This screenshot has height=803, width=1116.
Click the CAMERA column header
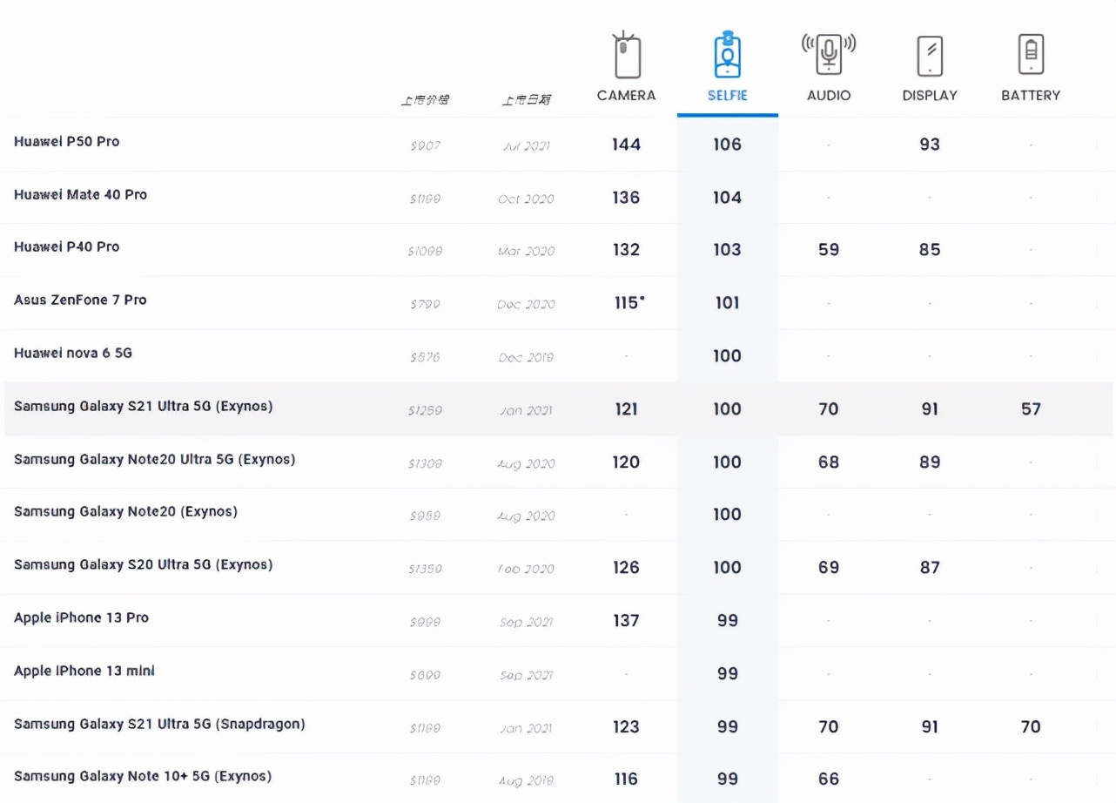[x=626, y=95]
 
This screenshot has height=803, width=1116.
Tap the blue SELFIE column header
[x=727, y=96]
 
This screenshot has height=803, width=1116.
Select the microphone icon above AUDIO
[x=828, y=54]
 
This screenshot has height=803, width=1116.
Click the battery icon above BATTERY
[x=1031, y=55]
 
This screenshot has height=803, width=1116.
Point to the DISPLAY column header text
[x=929, y=95]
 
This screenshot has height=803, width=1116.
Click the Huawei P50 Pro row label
[x=66, y=142]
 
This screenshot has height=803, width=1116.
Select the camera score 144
[x=626, y=145]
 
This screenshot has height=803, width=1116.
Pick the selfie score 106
[x=727, y=145]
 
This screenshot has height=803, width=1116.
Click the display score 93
[x=929, y=145]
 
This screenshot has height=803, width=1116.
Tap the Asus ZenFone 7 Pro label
[x=80, y=300]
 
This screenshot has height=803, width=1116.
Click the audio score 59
[x=828, y=250]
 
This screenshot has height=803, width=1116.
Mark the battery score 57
[x=1031, y=409]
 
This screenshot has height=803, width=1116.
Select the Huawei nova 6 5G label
[x=73, y=353]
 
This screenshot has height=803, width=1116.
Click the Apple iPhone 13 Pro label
[x=81, y=617]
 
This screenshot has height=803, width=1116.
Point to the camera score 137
[x=626, y=621]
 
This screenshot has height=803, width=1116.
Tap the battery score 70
[x=1031, y=727]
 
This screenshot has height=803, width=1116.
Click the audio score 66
[x=828, y=779]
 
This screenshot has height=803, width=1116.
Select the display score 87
[x=929, y=568]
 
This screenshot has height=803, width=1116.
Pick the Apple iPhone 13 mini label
[x=84, y=671]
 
